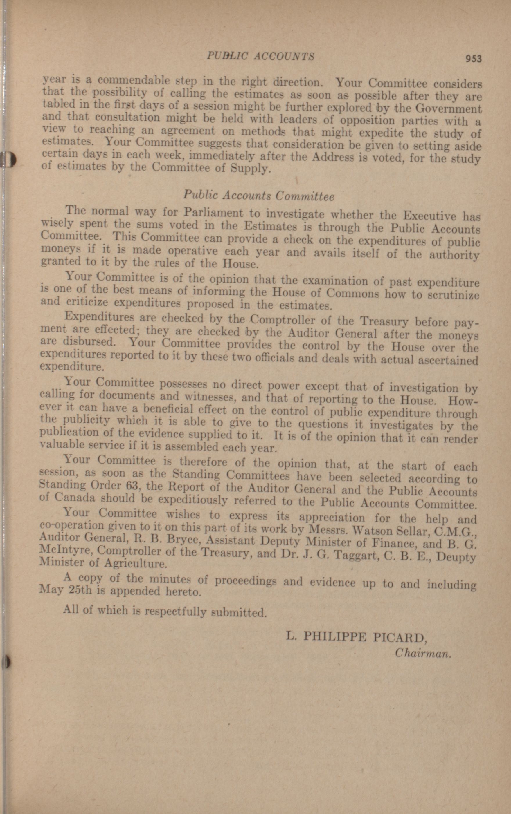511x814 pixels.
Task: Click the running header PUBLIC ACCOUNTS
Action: pos(260,56)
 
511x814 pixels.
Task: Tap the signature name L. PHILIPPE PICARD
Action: pos(356,637)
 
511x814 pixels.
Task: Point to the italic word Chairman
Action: pos(423,654)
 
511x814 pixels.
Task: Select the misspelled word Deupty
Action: pos(456,557)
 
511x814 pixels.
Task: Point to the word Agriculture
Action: pos(136,563)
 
